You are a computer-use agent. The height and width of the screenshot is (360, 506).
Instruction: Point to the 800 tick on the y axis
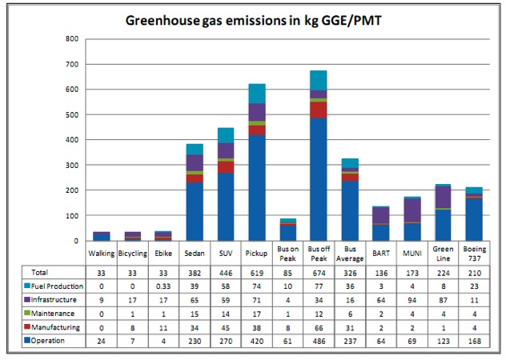pyautogui.click(x=72, y=38)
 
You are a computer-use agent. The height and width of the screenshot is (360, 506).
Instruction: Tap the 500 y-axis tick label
pyautogui.click(x=72, y=114)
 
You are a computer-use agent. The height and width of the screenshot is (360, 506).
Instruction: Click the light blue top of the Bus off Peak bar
pyautogui.click(x=319, y=80)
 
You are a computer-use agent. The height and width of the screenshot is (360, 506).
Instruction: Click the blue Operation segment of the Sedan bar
pyautogui.click(x=195, y=212)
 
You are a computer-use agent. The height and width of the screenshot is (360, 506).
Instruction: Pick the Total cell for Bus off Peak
pyautogui.click(x=319, y=272)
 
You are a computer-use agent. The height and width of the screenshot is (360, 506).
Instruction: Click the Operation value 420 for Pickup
pyautogui.click(x=257, y=342)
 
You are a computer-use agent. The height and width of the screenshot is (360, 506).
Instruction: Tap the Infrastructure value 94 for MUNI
pyautogui.click(x=411, y=299)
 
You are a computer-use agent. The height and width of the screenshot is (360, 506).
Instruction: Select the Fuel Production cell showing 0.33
pyautogui.click(x=164, y=286)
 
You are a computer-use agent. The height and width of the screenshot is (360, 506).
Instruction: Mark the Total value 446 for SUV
pyautogui.click(x=226, y=272)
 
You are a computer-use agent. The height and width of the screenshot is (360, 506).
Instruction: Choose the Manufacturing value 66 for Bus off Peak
pyautogui.click(x=319, y=327)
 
